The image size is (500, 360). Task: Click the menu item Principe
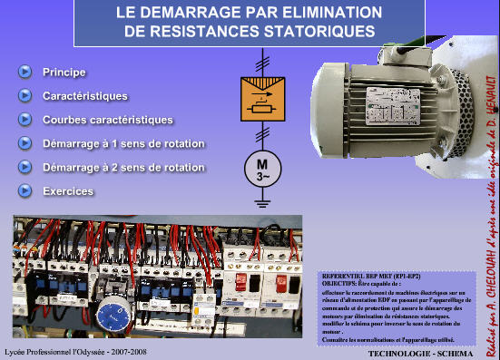click(64, 72)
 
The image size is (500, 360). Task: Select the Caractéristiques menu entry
click(84, 95)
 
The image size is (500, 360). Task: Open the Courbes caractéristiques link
click(107, 120)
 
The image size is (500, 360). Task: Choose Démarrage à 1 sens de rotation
click(123, 143)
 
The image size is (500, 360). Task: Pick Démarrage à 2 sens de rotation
click(123, 168)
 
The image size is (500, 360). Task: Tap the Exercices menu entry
click(68, 191)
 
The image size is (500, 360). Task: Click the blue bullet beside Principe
click(24, 72)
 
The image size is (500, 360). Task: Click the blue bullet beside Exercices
click(24, 191)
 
